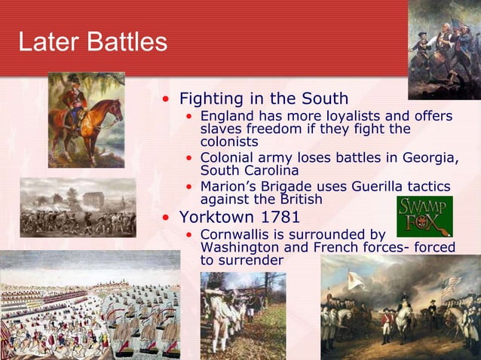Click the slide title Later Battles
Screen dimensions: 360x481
(92, 42)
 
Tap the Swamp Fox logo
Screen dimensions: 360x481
(424, 217)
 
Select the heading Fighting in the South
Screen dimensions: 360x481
(263, 99)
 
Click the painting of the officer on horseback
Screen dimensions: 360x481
(85, 120)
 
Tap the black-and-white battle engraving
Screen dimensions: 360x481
(77, 208)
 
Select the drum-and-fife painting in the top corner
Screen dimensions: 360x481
(444, 49)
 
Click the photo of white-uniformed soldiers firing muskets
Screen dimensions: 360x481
(243, 315)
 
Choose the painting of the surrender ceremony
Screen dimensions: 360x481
(400, 307)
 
